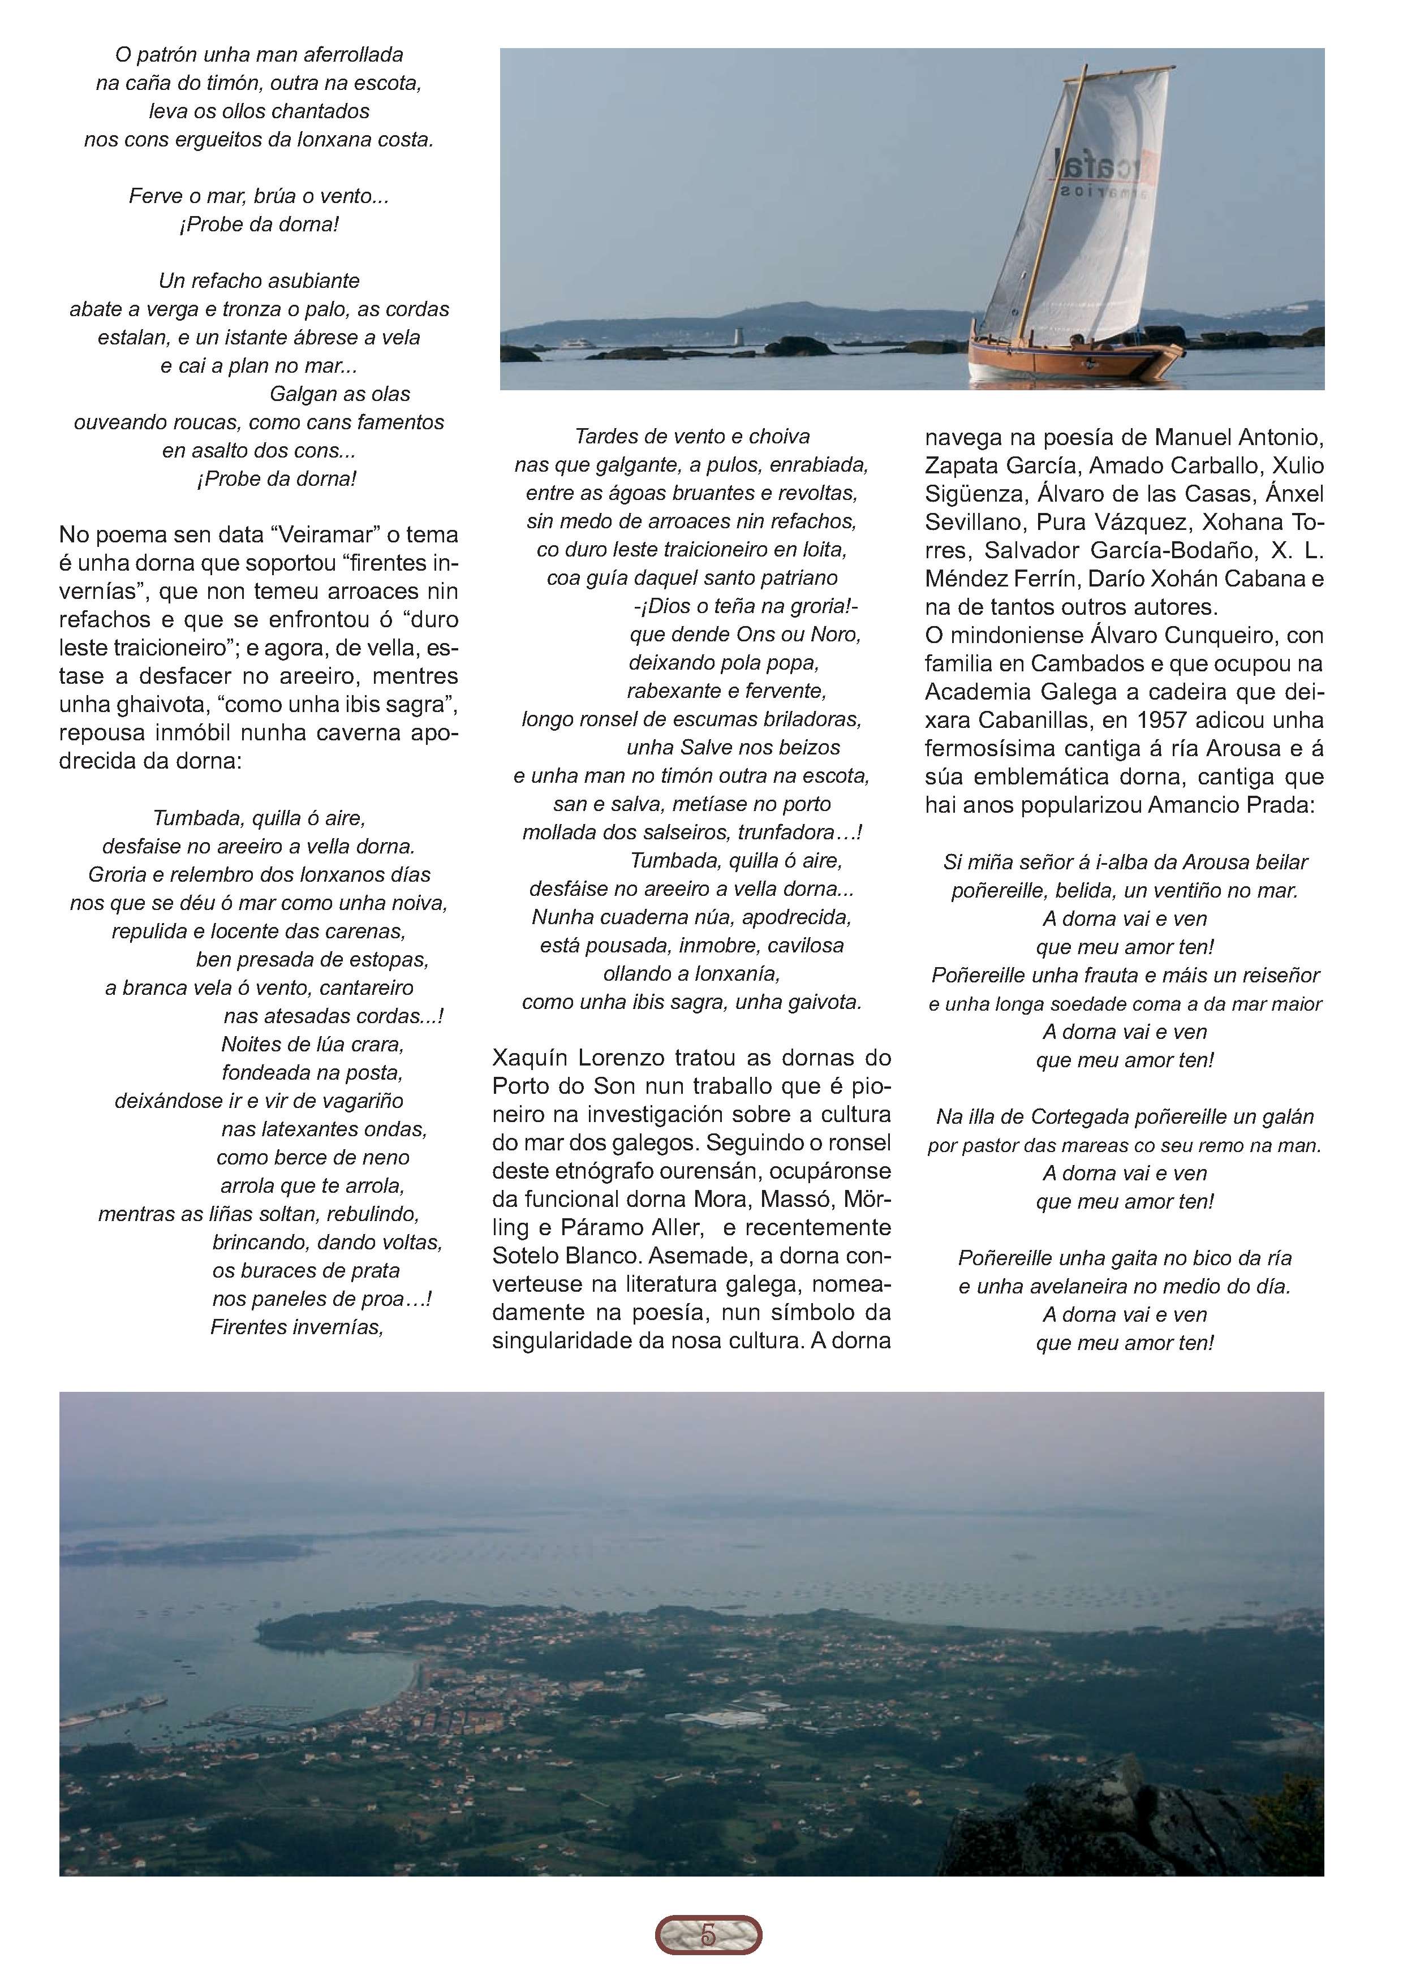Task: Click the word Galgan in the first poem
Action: pyautogui.click(x=303, y=394)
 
